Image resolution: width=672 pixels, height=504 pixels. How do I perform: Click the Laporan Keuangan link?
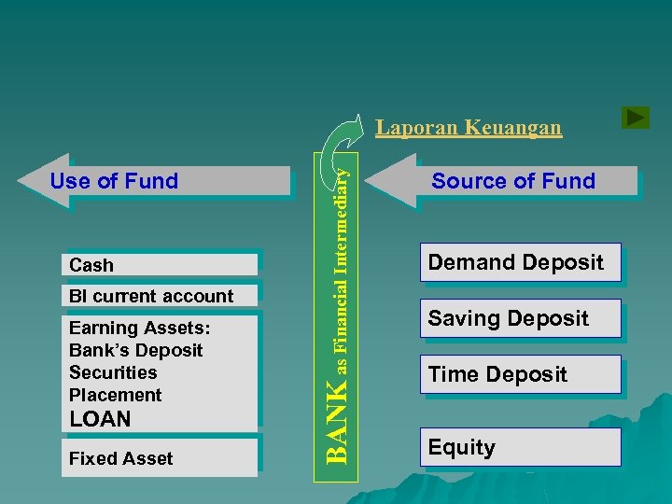[x=469, y=127]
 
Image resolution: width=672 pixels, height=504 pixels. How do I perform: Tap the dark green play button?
[x=635, y=118]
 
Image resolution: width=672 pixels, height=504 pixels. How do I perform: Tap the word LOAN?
[x=101, y=419]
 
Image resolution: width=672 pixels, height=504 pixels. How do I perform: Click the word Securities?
[x=113, y=372]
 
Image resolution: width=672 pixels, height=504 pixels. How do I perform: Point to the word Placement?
[x=115, y=395]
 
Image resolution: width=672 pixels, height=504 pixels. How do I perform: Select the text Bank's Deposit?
[x=135, y=350]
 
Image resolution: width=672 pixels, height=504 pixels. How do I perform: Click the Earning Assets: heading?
[x=139, y=328]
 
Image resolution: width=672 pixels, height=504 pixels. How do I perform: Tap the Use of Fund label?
[x=114, y=181]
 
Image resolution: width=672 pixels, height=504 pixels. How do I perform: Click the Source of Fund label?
[x=512, y=181]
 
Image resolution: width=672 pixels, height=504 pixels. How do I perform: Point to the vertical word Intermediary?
[x=343, y=210]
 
